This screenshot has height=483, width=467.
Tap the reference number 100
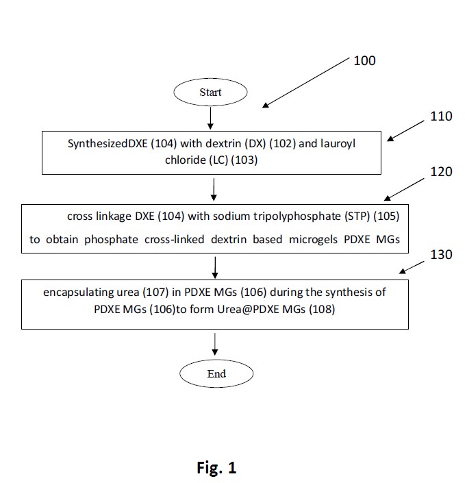364,61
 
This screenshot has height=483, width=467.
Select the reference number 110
441,116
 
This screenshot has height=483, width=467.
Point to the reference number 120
441,171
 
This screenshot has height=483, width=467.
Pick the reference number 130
441,254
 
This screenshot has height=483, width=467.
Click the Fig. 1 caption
216,468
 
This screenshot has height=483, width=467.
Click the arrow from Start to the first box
210,118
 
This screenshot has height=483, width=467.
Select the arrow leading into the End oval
215,344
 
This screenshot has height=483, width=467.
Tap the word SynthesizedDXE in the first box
108,144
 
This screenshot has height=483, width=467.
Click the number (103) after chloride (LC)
244,160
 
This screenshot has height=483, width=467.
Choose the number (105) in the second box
386,216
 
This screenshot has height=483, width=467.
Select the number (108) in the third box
322,309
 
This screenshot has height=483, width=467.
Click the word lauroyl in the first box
338,144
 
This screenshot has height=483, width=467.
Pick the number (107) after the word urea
155,293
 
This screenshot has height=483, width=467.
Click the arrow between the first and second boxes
214,190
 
